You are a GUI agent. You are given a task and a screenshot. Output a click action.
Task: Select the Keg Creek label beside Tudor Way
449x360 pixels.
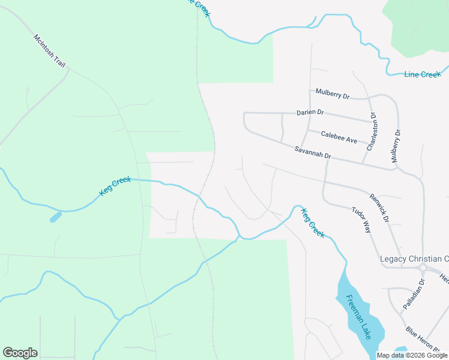coord(313,223)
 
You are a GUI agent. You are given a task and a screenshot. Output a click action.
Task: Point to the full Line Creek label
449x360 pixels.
coord(422,74)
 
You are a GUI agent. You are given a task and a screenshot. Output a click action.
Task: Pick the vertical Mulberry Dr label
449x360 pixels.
coord(396,145)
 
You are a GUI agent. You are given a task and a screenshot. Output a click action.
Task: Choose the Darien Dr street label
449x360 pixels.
coord(310,112)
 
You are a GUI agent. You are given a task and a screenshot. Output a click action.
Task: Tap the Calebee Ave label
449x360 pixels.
coord(339,137)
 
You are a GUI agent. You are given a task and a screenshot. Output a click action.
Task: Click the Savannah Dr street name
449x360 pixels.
coord(313,152)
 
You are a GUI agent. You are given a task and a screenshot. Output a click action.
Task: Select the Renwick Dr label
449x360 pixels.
coord(379,208)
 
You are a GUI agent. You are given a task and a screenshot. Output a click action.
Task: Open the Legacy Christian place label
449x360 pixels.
coord(414,259)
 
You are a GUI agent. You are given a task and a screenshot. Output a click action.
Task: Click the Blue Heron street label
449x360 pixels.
coord(427,340)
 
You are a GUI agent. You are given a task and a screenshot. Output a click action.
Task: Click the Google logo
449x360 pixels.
coord(20,353)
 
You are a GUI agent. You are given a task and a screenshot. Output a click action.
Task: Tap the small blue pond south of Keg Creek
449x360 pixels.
coord(55,217)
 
